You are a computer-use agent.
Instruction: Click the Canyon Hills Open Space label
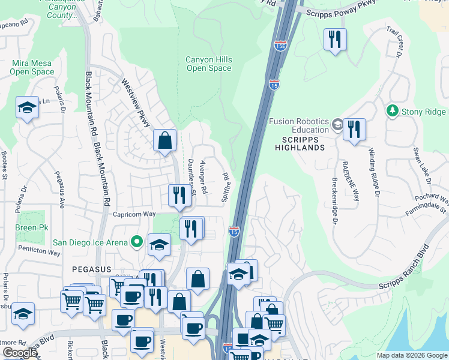click(208, 64)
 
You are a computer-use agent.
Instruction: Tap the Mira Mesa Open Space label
click(32, 67)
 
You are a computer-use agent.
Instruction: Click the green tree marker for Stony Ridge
click(393, 110)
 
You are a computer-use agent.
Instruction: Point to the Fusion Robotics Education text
click(298, 125)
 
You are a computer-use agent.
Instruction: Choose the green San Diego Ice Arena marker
click(137, 242)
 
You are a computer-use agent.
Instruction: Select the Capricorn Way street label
click(134, 214)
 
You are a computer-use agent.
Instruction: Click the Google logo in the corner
click(20, 353)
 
